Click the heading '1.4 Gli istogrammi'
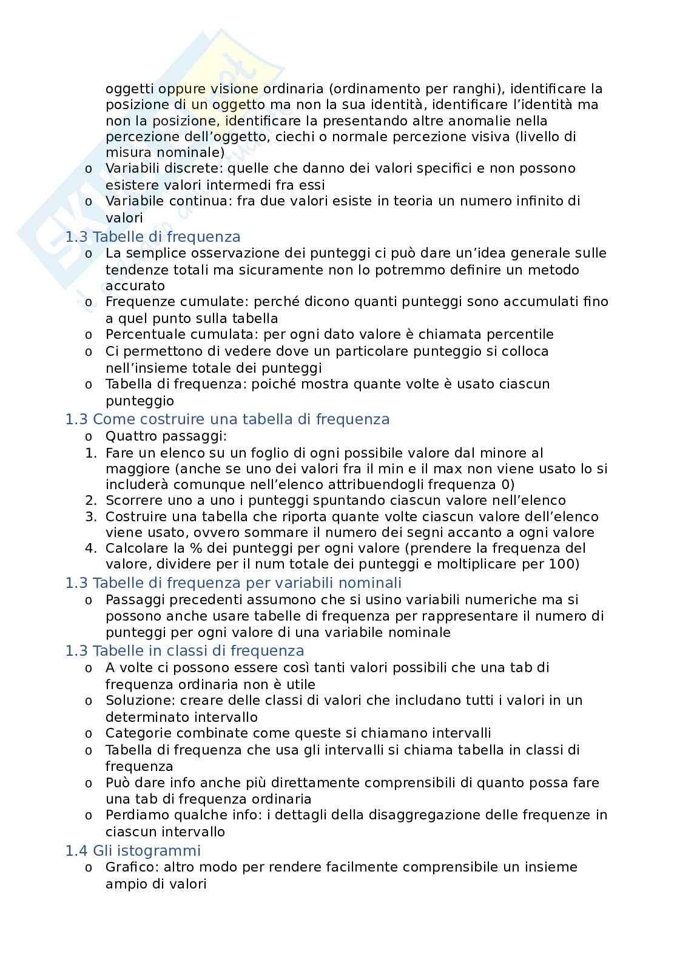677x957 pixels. [x=133, y=850]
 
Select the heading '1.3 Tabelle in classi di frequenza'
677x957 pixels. [x=184, y=650]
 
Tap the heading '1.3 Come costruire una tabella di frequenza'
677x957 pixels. [x=227, y=419]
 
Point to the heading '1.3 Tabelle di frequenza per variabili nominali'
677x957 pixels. [x=233, y=582]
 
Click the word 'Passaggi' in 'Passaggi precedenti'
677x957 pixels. [x=135, y=599]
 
